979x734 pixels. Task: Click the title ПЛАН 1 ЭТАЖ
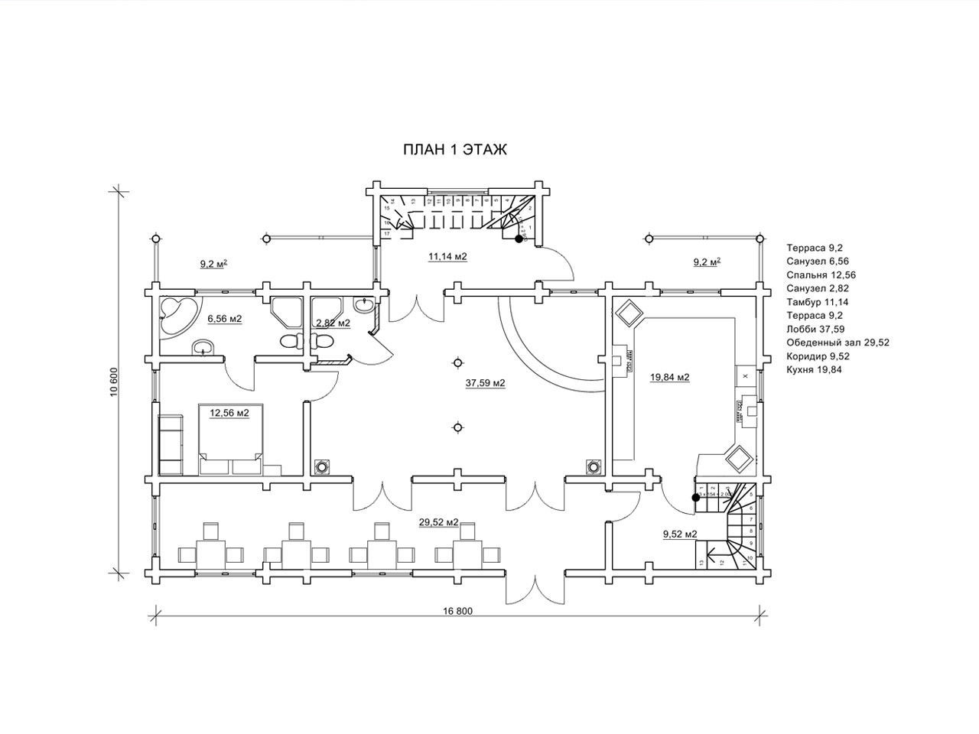[x=455, y=150]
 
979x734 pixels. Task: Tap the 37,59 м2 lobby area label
[x=486, y=383]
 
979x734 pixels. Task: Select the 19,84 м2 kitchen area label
[x=669, y=377]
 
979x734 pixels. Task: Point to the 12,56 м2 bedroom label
[x=229, y=413]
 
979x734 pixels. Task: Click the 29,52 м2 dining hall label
[x=438, y=522]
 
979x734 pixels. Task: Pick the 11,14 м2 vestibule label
[x=447, y=257]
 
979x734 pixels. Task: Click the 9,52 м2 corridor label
[x=680, y=534]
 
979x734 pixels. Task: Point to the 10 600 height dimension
[x=113, y=381]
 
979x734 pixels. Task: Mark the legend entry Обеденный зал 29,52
[x=838, y=343]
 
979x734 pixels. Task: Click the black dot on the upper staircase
[x=519, y=239]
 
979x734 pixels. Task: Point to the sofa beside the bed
[x=171, y=444]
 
